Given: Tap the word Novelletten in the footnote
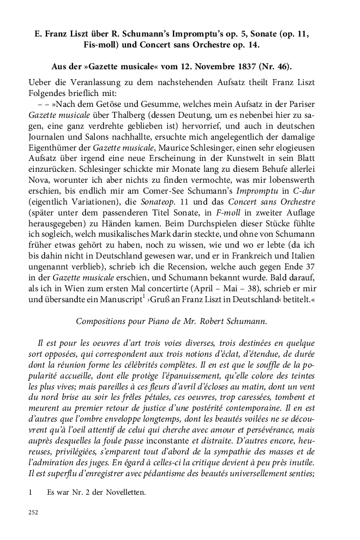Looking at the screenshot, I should [x=124, y=493].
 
